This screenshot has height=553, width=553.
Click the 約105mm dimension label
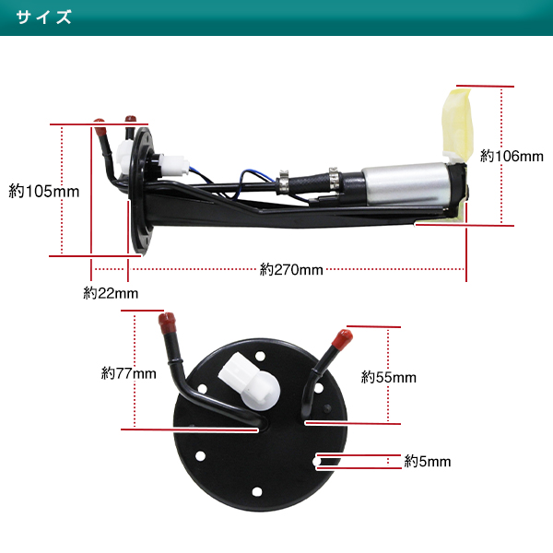pyautogui.click(x=43, y=192)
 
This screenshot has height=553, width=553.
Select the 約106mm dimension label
pyautogui.click(x=512, y=157)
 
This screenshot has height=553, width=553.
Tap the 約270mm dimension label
pyautogui.click(x=291, y=270)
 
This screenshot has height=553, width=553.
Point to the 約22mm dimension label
pyautogui.click(x=111, y=294)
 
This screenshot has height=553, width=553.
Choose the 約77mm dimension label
pyautogui.click(x=129, y=373)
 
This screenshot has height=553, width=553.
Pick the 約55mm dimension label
pyautogui.click(x=389, y=377)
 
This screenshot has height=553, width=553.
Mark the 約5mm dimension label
pyautogui.click(x=428, y=462)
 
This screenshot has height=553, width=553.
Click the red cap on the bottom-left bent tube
pyautogui.click(x=167, y=322)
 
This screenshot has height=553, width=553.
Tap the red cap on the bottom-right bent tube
pyautogui.click(x=341, y=337)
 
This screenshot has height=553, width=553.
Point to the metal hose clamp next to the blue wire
pyautogui.click(x=286, y=182)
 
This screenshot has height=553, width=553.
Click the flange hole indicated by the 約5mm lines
pyautogui.click(x=316, y=458)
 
